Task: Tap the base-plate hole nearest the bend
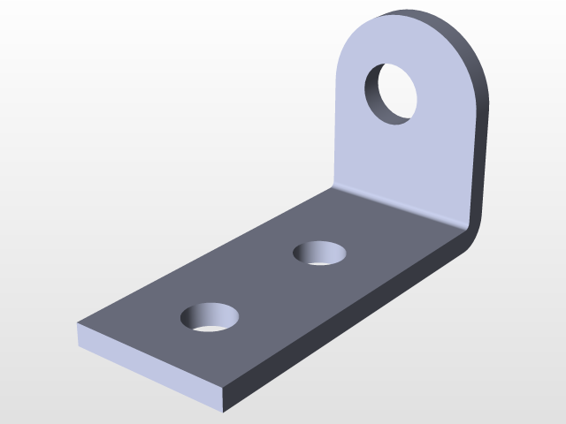tap(320, 254)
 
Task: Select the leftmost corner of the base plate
tap(79, 325)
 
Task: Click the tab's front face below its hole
tap(398, 159)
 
